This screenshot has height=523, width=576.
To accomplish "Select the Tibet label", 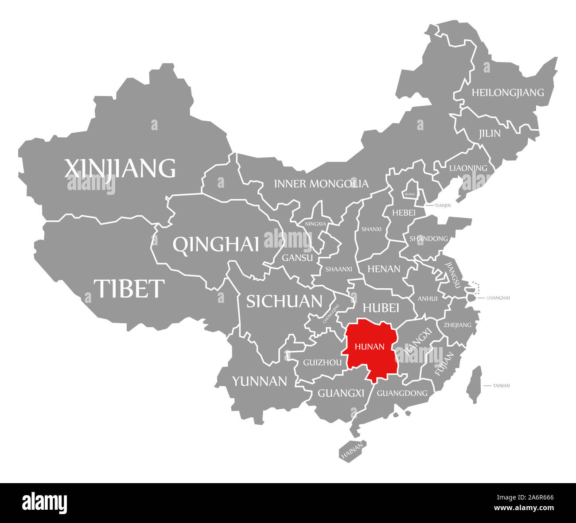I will click(x=129, y=288).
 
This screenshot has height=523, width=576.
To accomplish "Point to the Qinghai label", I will click(x=216, y=244).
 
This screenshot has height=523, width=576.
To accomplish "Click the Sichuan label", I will click(x=284, y=301).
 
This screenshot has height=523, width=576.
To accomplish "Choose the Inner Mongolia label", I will click(x=321, y=183).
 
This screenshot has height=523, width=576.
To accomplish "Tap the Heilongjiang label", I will click(x=507, y=93).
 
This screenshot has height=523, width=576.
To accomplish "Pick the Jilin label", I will click(x=489, y=133).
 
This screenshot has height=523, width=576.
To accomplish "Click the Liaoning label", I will click(x=468, y=168).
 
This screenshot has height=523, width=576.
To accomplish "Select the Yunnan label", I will click(x=260, y=381).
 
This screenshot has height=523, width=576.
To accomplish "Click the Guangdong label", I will click(x=402, y=393).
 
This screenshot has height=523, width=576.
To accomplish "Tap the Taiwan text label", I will click(x=501, y=386).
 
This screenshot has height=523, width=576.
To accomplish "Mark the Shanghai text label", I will click(x=498, y=298).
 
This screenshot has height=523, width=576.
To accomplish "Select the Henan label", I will click(x=384, y=269).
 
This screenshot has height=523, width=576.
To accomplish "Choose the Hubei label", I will click(x=381, y=307).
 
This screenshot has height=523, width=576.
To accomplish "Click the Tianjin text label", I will click(x=443, y=205).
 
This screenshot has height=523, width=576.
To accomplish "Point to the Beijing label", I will click(x=410, y=194).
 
